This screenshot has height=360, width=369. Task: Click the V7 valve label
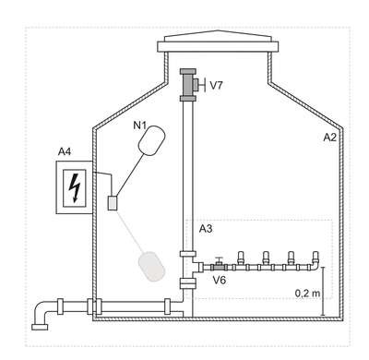coord(216,85)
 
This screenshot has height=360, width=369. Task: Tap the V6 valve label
coord(220,280)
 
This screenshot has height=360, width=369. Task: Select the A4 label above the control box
coord(65,151)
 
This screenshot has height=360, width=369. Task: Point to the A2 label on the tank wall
coord(329,138)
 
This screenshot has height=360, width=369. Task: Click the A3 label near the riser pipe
coord(206,229)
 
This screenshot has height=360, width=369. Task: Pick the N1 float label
coord(139,126)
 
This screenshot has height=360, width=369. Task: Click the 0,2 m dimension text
coord(307,294)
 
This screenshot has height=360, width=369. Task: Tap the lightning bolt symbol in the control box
coord(75,187)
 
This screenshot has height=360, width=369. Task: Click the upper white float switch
coord(151,139)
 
